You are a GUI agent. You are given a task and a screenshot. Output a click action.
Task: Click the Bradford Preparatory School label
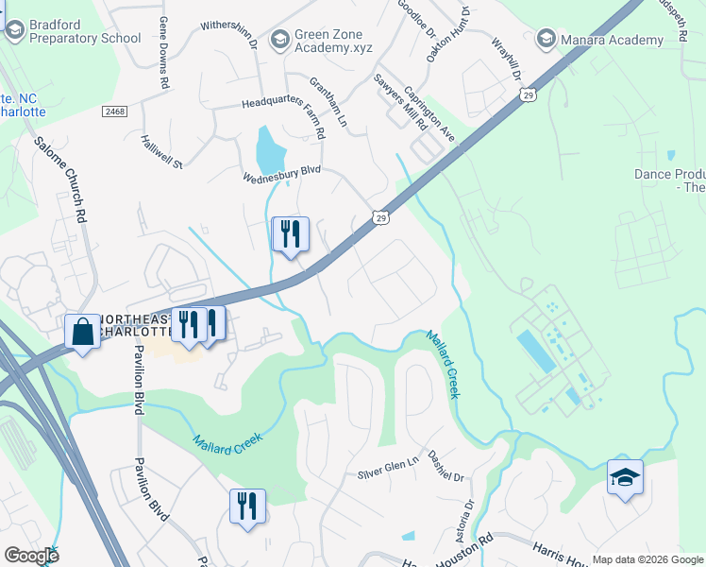click(x=85, y=31)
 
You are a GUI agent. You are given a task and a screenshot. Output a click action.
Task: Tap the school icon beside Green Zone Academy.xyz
click(x=279, y=40)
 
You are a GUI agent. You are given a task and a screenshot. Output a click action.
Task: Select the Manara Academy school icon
click(x=546, y=40)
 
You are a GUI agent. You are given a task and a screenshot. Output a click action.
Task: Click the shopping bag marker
click(x=83, y=332)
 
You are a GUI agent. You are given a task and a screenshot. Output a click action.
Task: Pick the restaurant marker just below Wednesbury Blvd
click(x=290, y=234)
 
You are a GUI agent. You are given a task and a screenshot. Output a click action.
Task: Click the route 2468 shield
click(x=115, y=112)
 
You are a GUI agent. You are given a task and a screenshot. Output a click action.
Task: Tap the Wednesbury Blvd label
click(x=282, y=173)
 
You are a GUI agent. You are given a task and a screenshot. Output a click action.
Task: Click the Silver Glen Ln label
click(x=388, y=472)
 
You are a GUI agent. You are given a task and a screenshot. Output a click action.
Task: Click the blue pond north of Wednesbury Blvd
click(x=271, y=147)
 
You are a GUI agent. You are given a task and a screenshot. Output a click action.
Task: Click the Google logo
click(x=31, y=555)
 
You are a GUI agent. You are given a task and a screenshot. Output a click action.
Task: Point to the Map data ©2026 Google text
click(x=647, y=559)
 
